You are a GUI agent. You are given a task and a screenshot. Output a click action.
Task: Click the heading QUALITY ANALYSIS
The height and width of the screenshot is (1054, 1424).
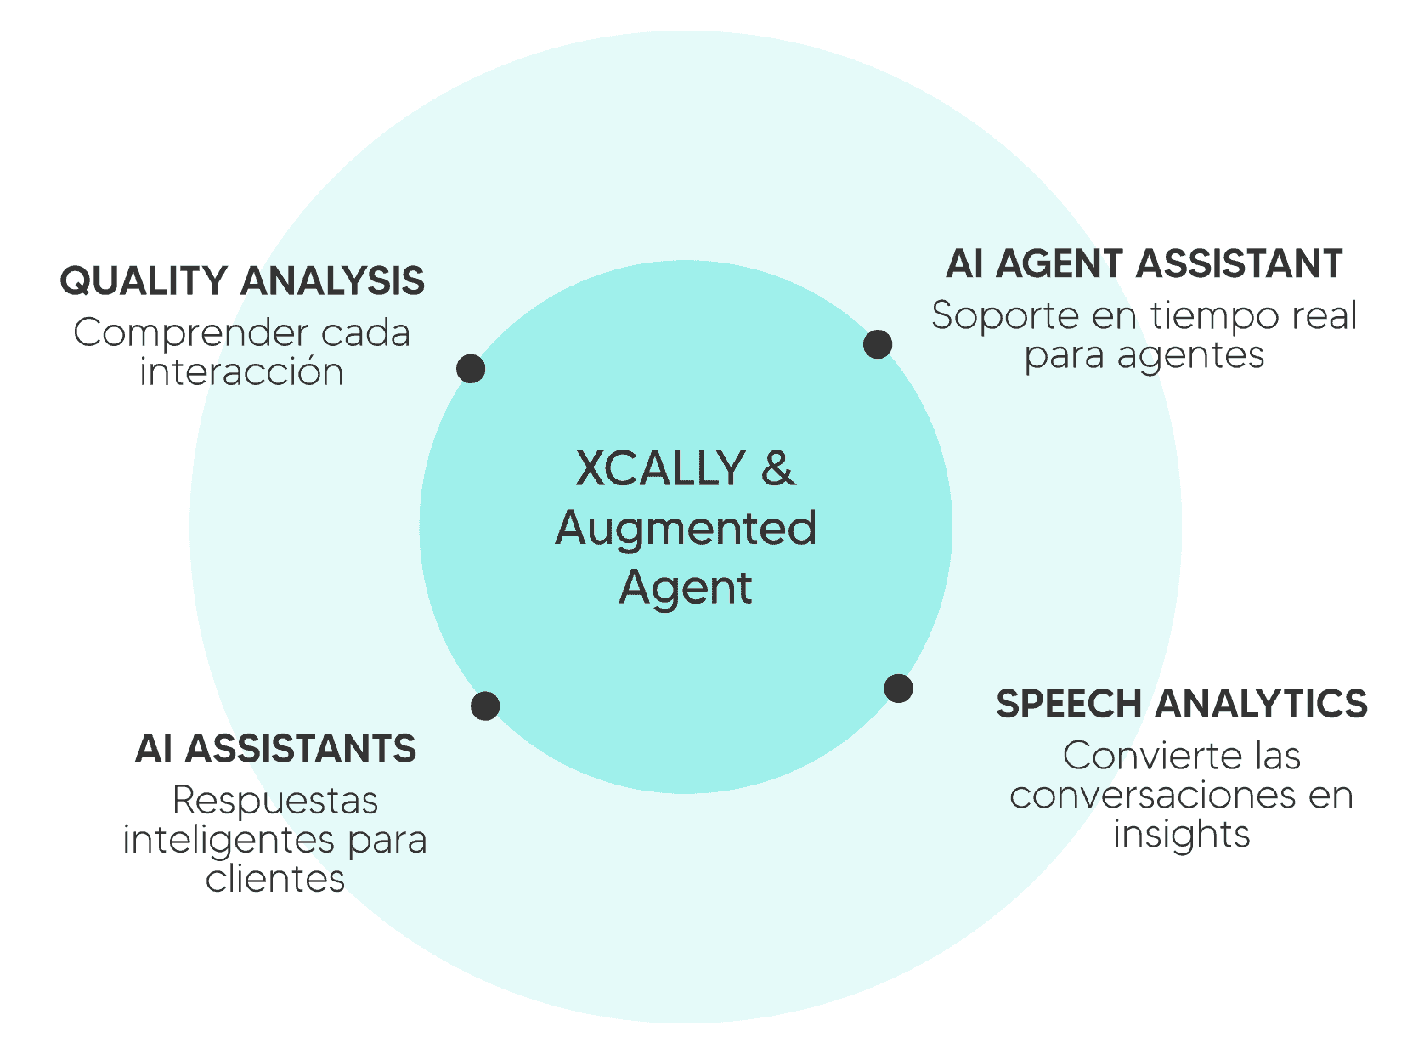(x=242, y=281)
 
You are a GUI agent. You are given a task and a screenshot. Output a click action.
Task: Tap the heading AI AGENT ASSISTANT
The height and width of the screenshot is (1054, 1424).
(x=1144, y=264)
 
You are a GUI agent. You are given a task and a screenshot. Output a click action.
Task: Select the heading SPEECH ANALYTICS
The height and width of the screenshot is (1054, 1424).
(x=1181, y=704)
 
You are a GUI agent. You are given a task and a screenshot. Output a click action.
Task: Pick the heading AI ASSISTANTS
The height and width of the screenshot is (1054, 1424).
(x=275, y=749)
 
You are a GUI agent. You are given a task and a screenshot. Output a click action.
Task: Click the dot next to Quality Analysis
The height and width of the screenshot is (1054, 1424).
(x=471, y=369)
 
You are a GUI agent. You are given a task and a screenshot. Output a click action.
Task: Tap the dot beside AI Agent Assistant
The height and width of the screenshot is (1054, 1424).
(x=878, y=344)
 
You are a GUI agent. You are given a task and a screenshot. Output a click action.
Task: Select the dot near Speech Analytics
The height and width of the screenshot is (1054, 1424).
(x=898, y=688)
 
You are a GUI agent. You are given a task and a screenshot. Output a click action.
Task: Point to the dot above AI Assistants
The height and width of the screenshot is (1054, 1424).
(x=485, y=705)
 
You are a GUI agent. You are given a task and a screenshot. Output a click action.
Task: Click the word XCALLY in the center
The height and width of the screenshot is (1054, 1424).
(x=660, y=468)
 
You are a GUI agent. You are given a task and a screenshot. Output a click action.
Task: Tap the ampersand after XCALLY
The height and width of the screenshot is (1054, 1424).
(x=778, y=468)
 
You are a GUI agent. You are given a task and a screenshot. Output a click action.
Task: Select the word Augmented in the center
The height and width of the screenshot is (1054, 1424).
(x=686, y=528)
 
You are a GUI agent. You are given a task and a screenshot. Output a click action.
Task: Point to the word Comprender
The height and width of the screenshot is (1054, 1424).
(x=190, y=333)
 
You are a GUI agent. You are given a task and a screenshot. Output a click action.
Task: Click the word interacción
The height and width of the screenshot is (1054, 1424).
(x=242, y=372)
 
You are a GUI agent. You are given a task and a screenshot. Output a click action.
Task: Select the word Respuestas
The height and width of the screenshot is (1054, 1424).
(x=275, y=801)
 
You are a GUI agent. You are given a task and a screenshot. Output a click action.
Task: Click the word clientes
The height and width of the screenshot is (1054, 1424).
(x=275, y=879)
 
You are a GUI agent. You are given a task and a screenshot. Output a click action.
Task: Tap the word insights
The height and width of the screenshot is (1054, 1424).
(x=1181, y=835)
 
